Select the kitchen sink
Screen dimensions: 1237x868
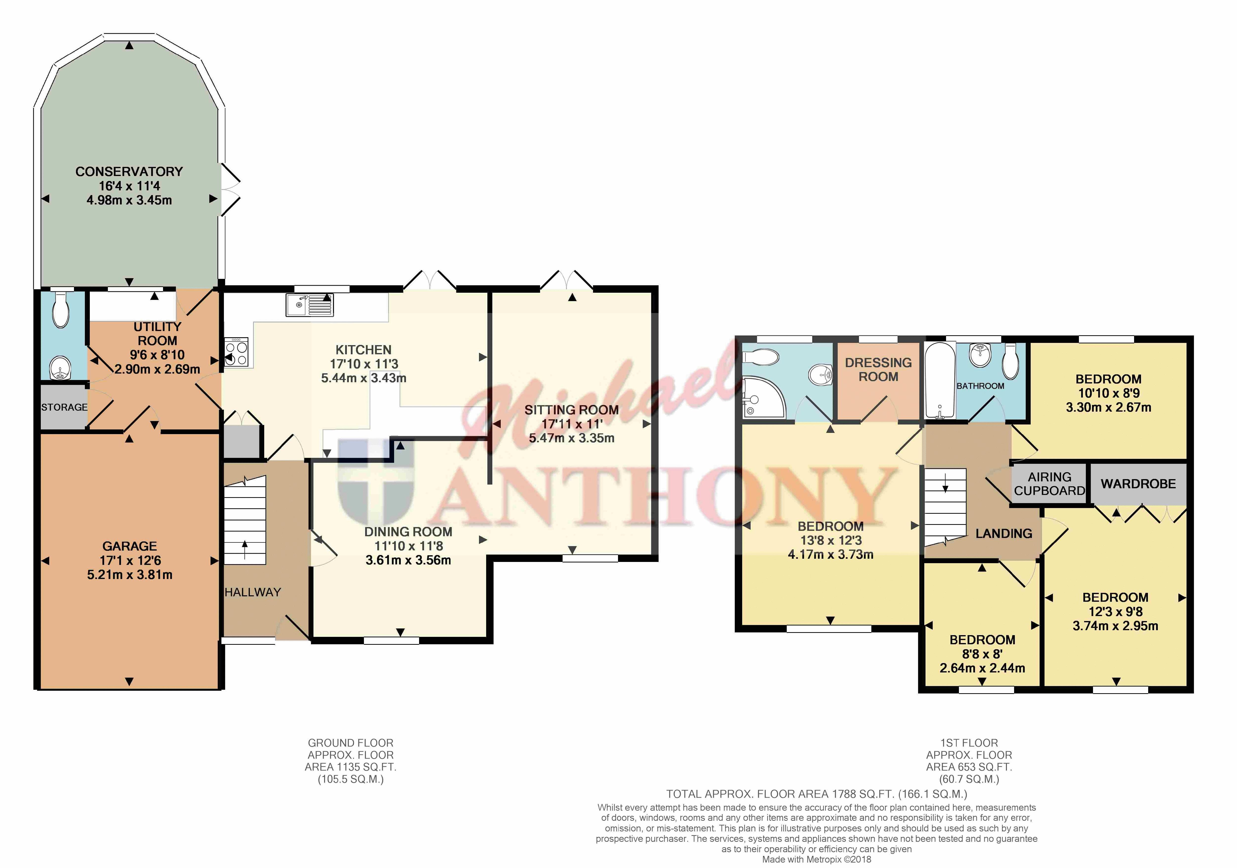click(310, 305)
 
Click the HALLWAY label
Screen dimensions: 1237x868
click(253, 592)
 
